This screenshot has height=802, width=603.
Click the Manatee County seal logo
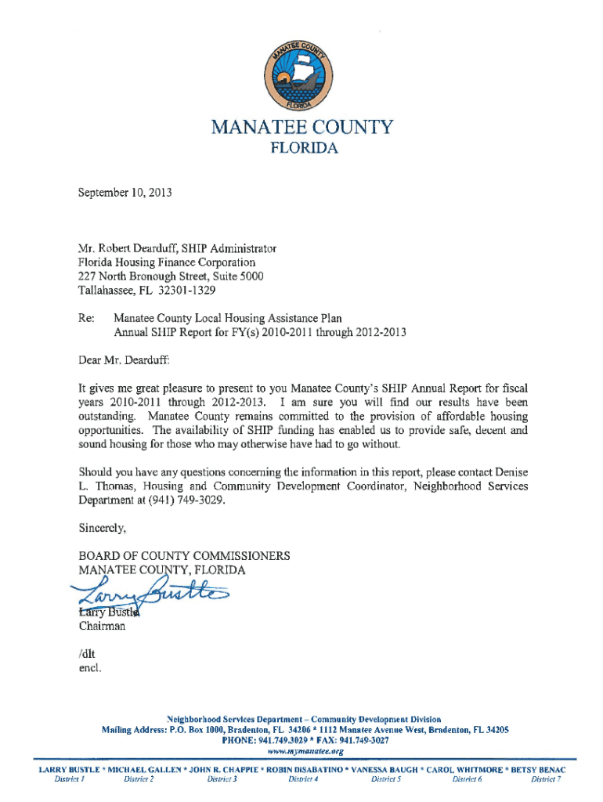click(301, 76)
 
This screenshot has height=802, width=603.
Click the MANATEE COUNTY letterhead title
click(301, 127)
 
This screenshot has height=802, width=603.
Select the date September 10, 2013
click(125, 190)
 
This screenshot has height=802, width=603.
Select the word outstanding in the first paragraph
click(107, 416)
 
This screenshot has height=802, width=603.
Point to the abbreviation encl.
click(89, 668)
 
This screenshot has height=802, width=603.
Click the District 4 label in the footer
click(302, 779)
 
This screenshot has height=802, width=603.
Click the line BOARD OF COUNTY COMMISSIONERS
click(184, 555)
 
